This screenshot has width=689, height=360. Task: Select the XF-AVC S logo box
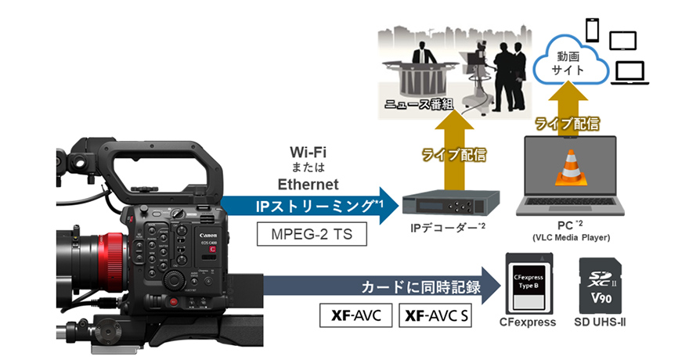[x=435, y=315]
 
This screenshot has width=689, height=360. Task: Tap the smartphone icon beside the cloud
[x=592, y=31]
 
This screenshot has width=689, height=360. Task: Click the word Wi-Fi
[x=308, y=150]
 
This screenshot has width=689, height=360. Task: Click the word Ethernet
[x=308, y=184]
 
